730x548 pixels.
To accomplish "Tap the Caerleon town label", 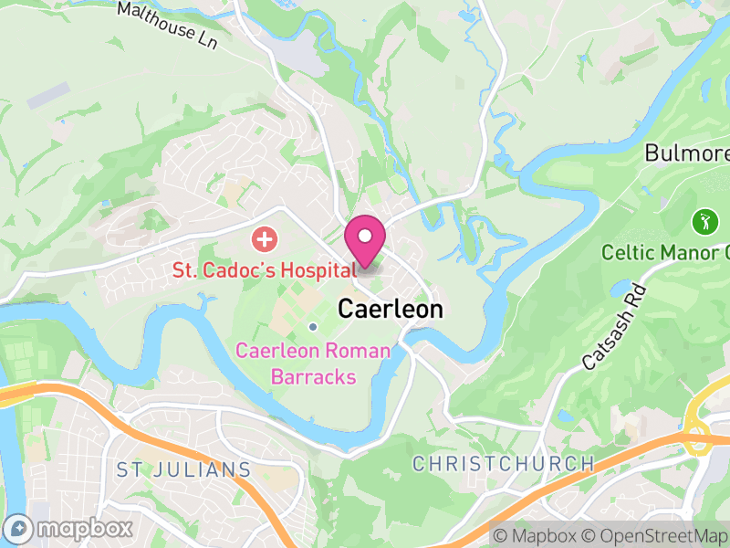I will tap(391, 310).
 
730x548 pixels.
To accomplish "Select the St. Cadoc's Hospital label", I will tap(265, 270).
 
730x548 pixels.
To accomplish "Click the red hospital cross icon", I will tap(265, 241).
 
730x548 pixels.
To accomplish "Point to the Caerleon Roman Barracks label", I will tap(313, 364).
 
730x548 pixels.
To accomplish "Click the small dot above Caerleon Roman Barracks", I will tap(313, 327).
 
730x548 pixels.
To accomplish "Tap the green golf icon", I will tap(703, 220).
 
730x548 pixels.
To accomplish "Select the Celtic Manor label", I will tap(664, 251).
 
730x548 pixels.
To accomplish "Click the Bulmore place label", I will tap(687, 153).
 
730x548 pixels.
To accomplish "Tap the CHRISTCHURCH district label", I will tap(504, 464).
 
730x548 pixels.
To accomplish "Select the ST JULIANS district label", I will tap(183, 469).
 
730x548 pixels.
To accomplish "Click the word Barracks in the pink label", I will tap(313, 375).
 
